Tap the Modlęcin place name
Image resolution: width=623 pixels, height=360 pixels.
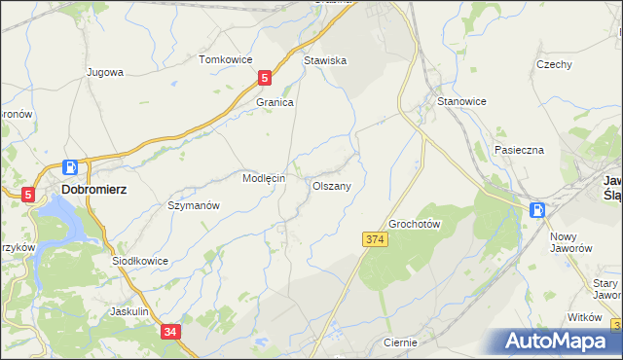[x=263, y=179]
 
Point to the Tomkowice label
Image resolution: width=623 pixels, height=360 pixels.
[x=226, y=59]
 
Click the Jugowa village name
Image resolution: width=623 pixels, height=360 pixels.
[x=104, y=72]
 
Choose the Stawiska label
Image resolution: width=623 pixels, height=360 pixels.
[x=325, y=60]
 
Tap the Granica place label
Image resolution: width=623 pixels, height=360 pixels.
[x=275, y=101]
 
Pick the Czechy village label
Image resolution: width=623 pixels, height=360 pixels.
[x=554, y=64]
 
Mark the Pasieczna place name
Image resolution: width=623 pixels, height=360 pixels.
[x=519, y=150]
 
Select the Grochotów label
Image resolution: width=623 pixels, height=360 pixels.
[x=416, y=224]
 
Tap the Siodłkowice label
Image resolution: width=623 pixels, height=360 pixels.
[x=140, y=261]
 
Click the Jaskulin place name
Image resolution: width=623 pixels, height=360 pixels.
[x=129, y=311]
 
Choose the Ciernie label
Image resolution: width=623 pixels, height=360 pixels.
[x=400, y=342]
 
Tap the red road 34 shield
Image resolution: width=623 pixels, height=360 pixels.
[x=171, y=332]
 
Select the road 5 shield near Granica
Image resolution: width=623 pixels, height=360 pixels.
[x=264, y=77]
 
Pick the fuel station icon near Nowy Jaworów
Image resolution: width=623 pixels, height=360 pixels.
[x=536, y=209]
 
